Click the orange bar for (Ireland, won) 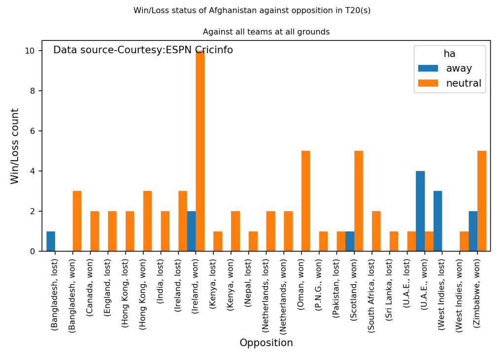pyautogui.click(x=200, y=151)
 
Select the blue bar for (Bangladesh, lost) pyautogui.click(x=51, y=241)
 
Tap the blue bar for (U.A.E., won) pyautogui.click(x=420, y=211)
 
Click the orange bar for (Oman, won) pyautogui.click(x=305, y=201)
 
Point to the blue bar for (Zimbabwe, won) pyautogui.click(x=473, y=231)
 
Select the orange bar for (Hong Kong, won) pyautogui.click(x=147, y=221)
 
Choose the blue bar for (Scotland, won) pyautogui.click(x=350, y=241)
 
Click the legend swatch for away pyautogui.click(x=428, y=68)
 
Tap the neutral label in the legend pyautogui.click(x=464, y=83)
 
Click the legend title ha pyautogui.click(x=449, y=54)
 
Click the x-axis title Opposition pyautogui.click(x=266, y=343)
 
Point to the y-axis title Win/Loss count pyautogui.click(x=15, y=146)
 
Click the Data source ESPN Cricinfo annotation pyautogui.click(x=143, y=50)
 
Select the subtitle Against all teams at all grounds pyautogui.click(x=266, y=32)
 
